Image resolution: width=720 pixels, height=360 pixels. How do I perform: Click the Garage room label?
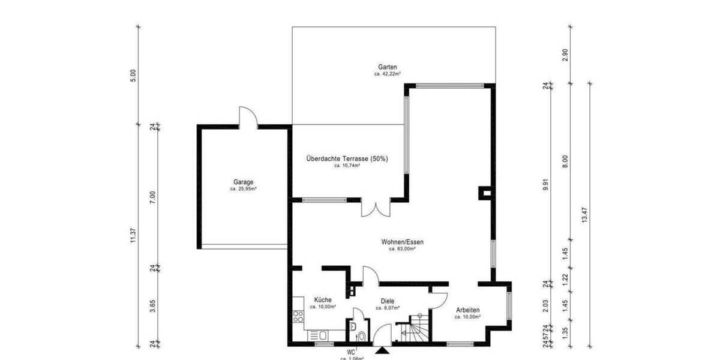[244, 182]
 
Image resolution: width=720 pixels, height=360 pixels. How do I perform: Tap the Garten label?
[388, 67]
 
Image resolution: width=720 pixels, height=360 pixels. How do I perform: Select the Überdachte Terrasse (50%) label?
[347, 158]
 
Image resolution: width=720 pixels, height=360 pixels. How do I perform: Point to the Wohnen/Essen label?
[402, 242]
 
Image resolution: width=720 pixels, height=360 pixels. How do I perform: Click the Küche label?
[323, 299]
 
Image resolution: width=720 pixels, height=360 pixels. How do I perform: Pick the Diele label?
[388, 301]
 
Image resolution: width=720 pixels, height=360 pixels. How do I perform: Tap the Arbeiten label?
[467, 310]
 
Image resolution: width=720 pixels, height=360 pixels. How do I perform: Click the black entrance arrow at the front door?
[382, 352]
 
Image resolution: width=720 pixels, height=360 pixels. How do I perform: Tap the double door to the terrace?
[376, 208]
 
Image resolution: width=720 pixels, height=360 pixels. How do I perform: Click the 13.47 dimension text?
[585, 215]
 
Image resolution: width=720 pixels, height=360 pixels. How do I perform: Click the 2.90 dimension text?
[565, 55]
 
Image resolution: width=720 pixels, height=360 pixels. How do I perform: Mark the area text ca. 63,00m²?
[402, 248]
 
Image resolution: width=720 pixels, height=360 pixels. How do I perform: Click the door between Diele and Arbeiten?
[439, 300]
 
